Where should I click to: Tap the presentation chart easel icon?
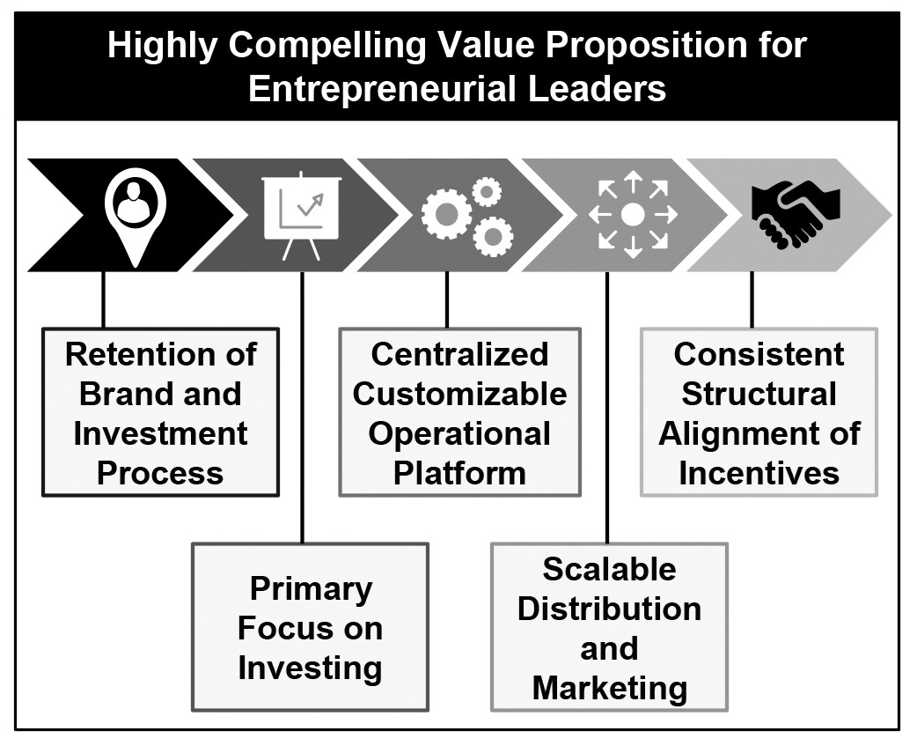coord(302,215)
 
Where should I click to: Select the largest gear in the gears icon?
coord(447,214)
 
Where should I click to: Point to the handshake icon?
coord(796,215)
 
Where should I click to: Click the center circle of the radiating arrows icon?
coord(633,215)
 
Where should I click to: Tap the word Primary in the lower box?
coord(312,590)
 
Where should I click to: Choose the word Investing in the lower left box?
coord(310,668)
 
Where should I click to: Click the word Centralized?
coord(459,355)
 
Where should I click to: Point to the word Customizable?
coord(459,394)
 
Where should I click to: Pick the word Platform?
coord(459,473)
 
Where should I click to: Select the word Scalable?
coord(609,569)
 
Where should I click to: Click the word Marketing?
coord(609,689)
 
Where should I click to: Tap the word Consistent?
coord(759,355)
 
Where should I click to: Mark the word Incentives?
coord(759,473)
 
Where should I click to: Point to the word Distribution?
coord(609,609)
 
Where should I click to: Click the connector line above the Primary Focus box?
coord(303,408)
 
